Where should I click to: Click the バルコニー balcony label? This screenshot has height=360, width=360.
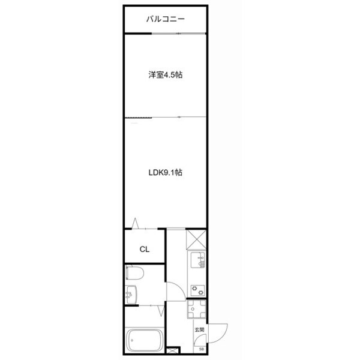click(166, 19)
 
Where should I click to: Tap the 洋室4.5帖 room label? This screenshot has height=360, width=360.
click(166, 75)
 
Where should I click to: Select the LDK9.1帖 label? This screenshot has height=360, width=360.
click(166, 172)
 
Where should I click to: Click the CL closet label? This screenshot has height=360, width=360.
click(145, 249)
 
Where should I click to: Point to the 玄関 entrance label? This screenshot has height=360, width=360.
click(199, 330)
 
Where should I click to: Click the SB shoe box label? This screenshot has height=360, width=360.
click(201, 349)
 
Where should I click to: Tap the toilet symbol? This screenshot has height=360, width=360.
click(134, 274)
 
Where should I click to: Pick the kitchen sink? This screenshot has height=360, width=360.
click(197, 262)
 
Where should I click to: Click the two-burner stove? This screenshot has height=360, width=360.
click(197, 289)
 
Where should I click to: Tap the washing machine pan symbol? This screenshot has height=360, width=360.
click(197, 310)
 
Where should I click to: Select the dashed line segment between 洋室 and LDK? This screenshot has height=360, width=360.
click(139, 117)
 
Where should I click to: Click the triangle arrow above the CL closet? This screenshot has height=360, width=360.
click(136, 223)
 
